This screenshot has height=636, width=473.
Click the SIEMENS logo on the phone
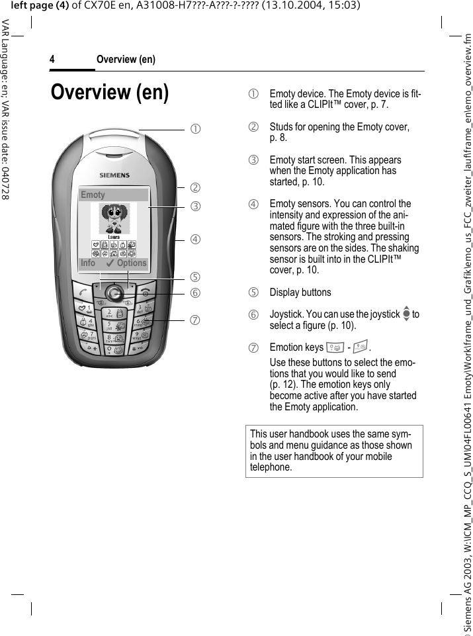point(114,175)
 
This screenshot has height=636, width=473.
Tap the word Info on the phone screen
point(88,263)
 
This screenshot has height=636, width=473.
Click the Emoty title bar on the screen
point(113,195)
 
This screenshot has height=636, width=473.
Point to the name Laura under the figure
point(114,237)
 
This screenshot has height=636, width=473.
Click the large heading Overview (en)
point(110,92)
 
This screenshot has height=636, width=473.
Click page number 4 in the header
point(52,60)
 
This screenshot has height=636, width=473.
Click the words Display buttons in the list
point(300,293)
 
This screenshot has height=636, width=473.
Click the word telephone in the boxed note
point(271,467)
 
